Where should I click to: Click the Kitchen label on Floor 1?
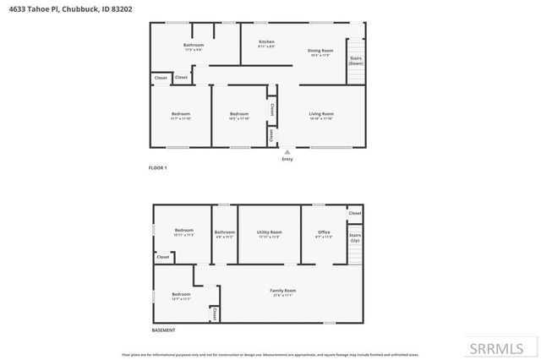tap(266, 41)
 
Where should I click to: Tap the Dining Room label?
tap(320, 50)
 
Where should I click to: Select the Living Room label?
tap(320, 113)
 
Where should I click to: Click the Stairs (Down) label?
tap(356, 61)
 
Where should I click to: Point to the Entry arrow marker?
tap(287, 152)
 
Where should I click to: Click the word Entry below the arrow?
tap(287, 159)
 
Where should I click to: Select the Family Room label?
tap(282, 291)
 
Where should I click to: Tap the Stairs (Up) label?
tap(355, 237)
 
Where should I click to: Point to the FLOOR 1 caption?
tap(158, 168)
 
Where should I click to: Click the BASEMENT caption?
tap(163, 330)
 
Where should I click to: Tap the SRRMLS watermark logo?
tap(502, 348)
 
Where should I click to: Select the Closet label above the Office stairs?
tap(355, 213)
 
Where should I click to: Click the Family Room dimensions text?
tap(282, 296)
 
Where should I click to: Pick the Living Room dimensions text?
tap(320, 118)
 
